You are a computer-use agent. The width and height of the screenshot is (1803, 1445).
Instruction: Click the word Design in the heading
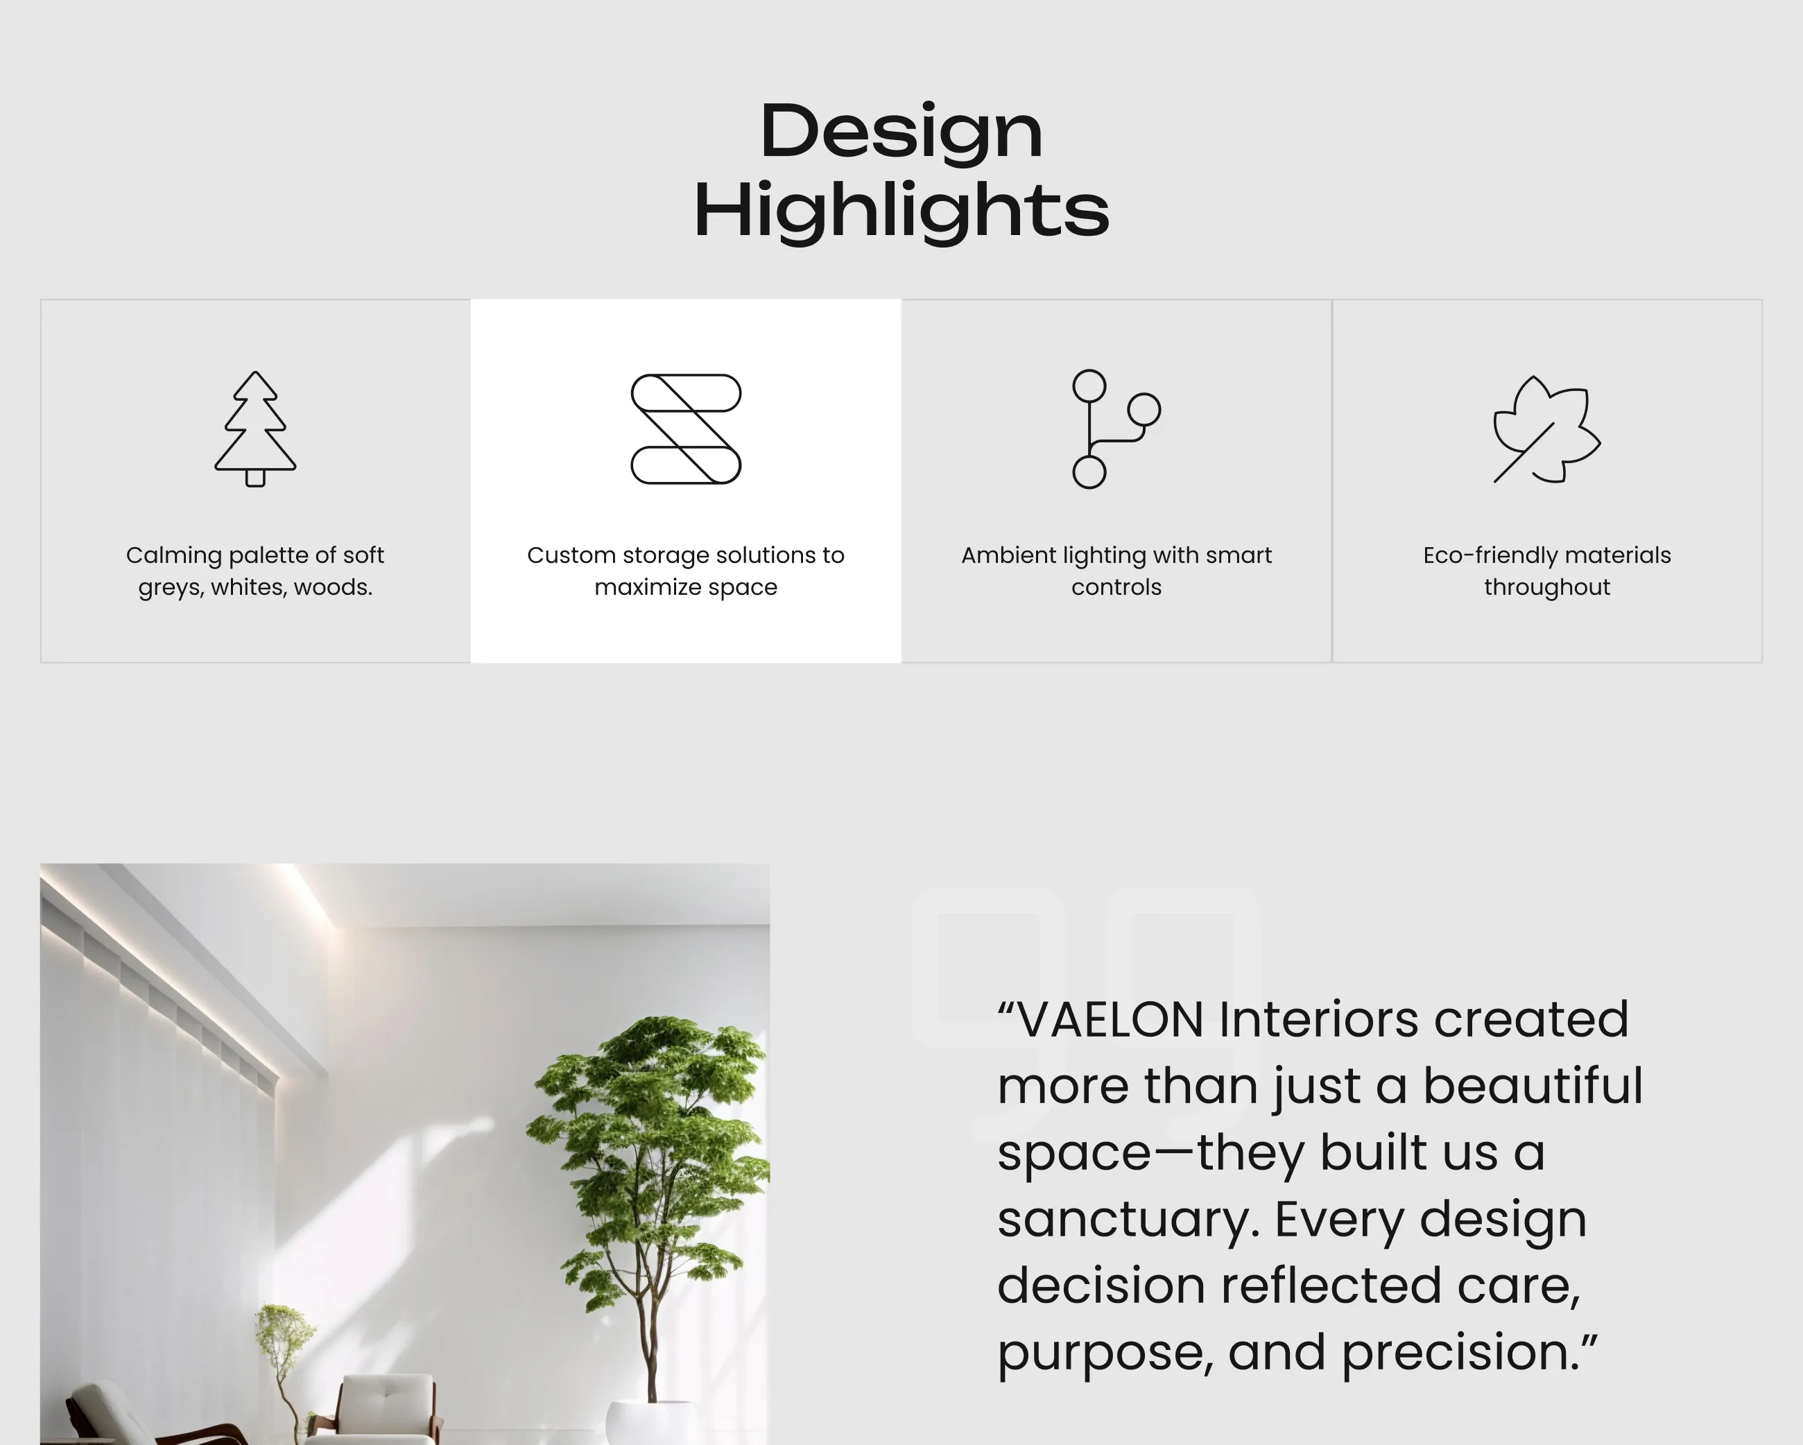coord(901,130)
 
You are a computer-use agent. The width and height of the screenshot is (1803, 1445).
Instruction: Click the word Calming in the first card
coord(174,556)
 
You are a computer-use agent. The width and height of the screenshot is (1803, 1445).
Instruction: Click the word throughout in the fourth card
coord(1547,588)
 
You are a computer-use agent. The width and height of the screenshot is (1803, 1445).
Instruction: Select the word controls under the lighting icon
coord(1116,587)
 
